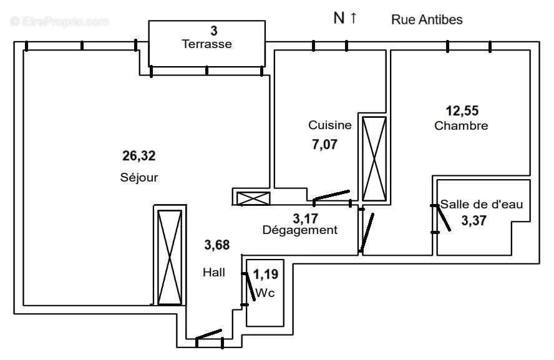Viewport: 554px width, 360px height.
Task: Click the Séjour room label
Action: pos(139,177)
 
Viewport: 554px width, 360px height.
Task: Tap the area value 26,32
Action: pos(138,155)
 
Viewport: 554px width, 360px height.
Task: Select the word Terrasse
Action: pos(207,44)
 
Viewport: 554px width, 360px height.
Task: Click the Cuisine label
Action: pos(330,125)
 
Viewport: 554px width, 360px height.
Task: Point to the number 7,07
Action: pos(324,145)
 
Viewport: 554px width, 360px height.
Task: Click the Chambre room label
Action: pos(461,125)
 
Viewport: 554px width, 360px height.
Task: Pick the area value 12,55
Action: pos(462,110)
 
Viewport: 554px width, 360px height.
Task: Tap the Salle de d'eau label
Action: pos(482,204)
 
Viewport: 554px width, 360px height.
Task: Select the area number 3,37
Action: pos(474,220)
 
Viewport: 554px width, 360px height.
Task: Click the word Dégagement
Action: pos(300,230)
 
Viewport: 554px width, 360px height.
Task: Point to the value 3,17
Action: pos(306,218)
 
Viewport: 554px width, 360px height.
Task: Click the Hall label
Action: pos(213,272)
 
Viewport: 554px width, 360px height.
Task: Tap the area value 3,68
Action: pos(217,245)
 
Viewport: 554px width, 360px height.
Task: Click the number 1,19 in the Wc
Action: pos(265,273)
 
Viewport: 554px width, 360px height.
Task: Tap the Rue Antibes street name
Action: pos(427,19)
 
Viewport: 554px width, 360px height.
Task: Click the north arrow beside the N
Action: pos(353,18)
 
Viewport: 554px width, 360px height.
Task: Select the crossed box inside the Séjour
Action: pos(169,256)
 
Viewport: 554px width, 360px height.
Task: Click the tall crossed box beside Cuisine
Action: pos(375,158)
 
